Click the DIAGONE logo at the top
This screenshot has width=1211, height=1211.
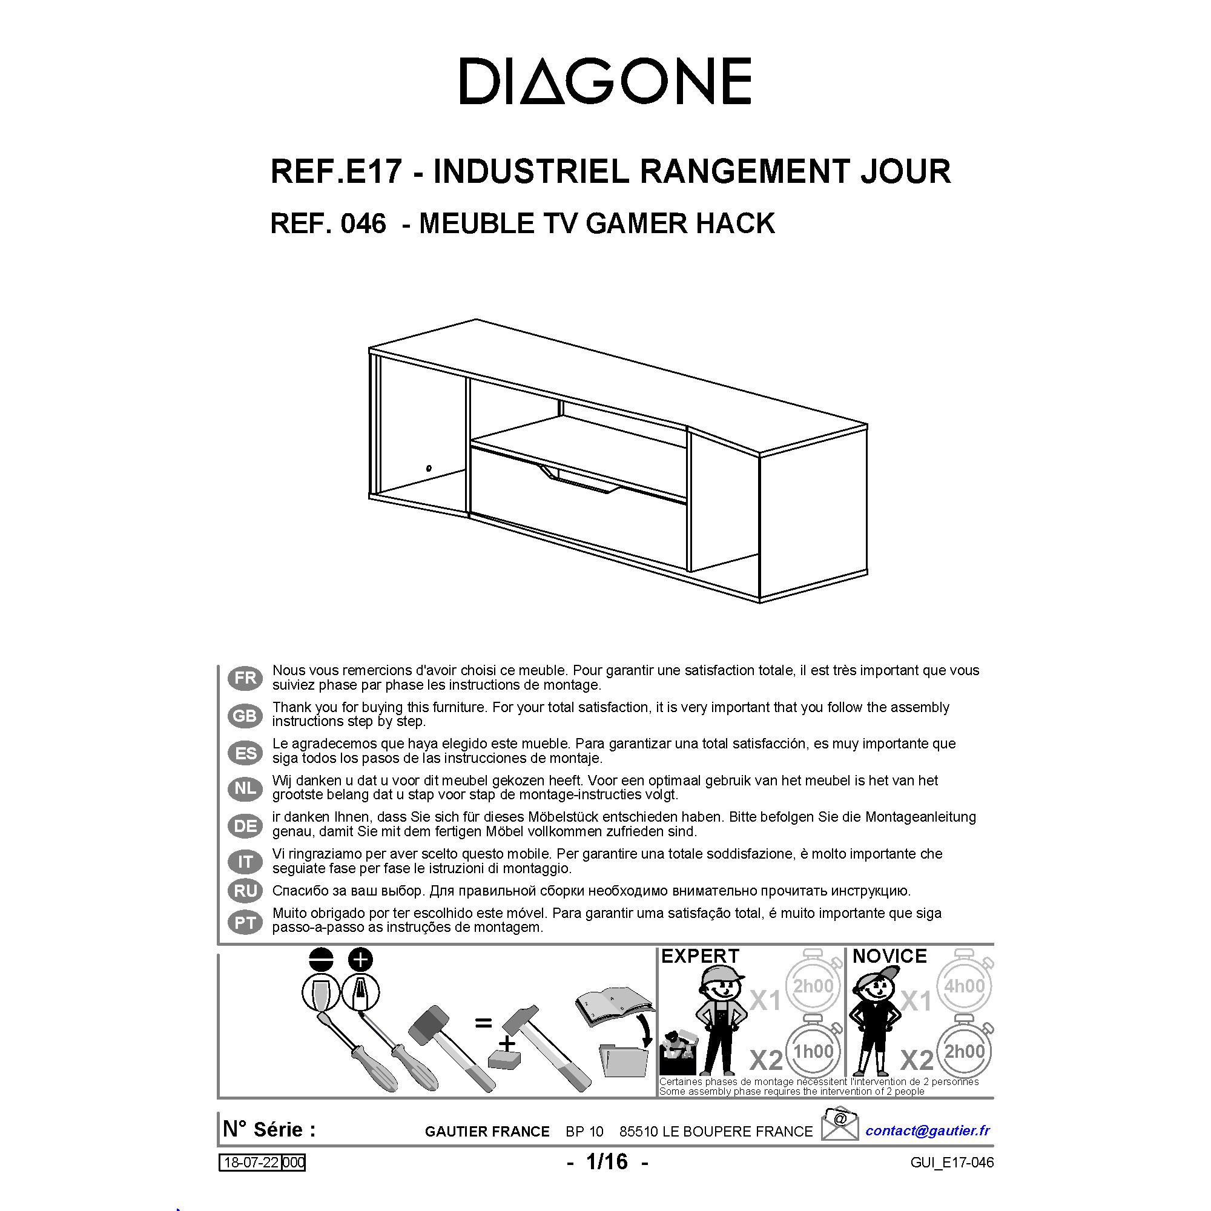click(x=605, y=81)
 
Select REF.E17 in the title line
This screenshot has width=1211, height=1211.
click(x=335, y=172)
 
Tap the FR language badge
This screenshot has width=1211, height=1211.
click(x=245, y=678)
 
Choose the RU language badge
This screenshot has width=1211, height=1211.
click(x=245, y=890)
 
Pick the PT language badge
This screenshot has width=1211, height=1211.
click(x=245, y=923)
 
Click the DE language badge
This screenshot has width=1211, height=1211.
click(x=245, y=826)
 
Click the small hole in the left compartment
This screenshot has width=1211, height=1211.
click(x=429, y=467)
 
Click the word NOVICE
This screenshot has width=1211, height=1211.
click(x=889, y=956)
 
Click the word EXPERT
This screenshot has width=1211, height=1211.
click(x=700, y=956)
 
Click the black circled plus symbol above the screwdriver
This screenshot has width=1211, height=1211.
click(x=360, y=959)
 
